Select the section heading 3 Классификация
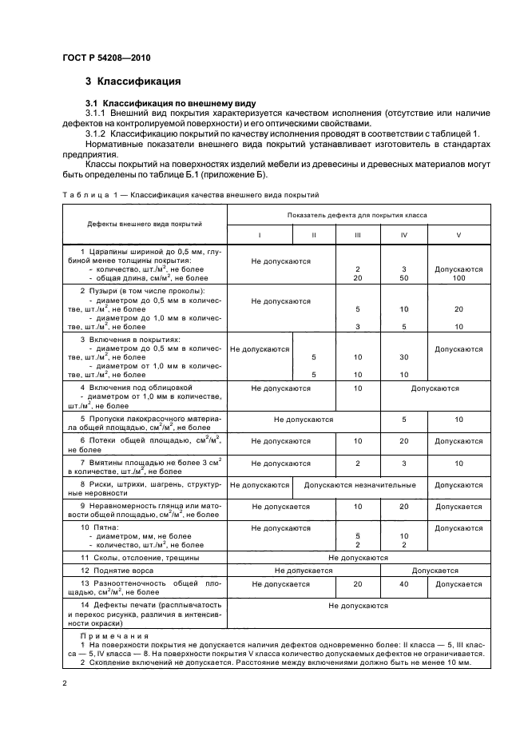point(133,82)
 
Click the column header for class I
point(259,236)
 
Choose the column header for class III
point(358,236)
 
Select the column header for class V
point(459,236)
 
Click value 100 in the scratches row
point(459,277)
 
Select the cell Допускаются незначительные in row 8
point(359,485)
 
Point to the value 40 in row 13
point(404,584)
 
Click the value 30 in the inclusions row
point(404,357)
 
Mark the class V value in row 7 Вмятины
point(459,463)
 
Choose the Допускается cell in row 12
point(435,571)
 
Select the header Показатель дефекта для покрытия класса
point(359,215)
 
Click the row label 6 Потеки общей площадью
point(145,444)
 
